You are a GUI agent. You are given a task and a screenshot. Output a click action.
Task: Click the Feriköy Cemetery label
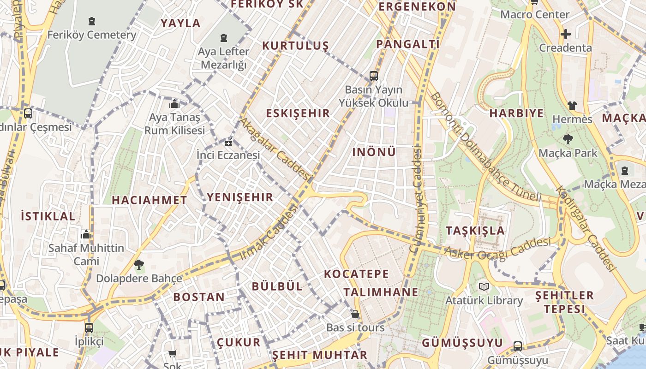point(92,35)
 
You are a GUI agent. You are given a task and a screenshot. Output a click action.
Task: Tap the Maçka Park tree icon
point(568,139)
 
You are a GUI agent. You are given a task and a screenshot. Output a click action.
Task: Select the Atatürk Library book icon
point(484,287)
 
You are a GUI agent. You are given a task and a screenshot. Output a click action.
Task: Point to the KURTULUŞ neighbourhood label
point(295,46)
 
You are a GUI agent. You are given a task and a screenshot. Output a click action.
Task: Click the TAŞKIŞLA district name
point(475,231)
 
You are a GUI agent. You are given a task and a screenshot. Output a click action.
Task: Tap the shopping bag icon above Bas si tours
point(355,314)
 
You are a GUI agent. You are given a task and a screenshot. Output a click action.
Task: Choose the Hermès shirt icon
point(572,106)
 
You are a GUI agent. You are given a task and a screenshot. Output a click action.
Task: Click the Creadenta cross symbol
point(565,34)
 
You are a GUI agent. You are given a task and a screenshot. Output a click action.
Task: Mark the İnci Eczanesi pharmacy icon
point(228,142)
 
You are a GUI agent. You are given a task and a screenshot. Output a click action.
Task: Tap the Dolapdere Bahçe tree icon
point(138,265)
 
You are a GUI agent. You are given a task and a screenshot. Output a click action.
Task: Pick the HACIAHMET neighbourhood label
point(150,200)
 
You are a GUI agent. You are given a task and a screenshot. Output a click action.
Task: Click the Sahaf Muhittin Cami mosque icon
point(86,235)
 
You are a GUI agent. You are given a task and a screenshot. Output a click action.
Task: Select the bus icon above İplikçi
point(89,328)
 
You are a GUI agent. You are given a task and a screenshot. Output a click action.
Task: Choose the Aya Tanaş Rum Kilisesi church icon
point(174,104)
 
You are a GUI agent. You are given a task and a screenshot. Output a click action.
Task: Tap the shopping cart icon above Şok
point(172,354)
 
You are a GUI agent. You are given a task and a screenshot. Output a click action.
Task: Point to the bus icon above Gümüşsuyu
point(518,346)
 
